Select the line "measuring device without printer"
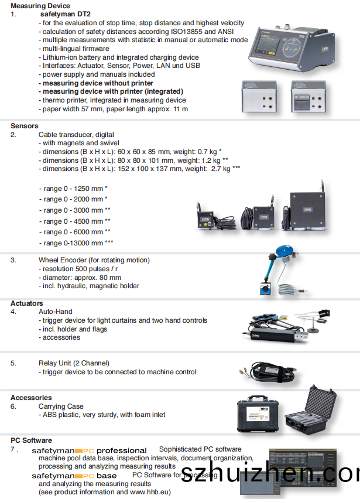pos(98,83)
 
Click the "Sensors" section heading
pos(24,126)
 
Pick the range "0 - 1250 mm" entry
pos(76,188)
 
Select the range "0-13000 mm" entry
pos(78,243)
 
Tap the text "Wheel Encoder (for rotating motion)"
pos(94,260)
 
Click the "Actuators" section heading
pos(27,303)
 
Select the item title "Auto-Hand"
pos(56,312)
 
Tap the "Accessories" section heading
pos(31,398)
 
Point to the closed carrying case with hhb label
pos(258,416)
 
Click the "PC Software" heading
pos(31,440)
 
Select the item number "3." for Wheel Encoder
pos(13,260)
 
